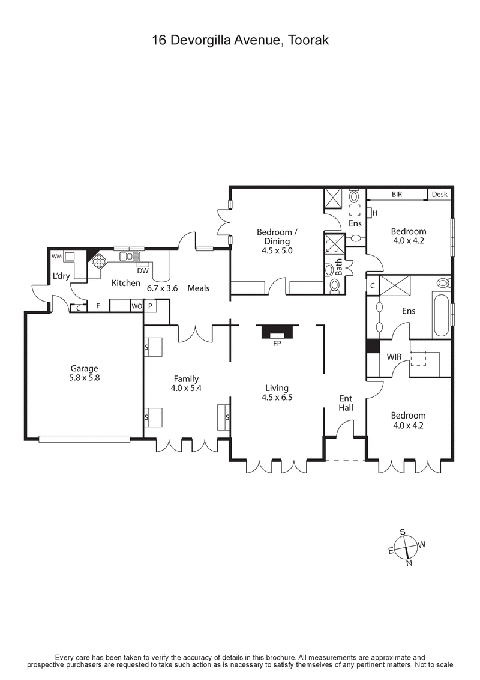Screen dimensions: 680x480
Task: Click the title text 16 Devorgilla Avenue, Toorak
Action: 240,40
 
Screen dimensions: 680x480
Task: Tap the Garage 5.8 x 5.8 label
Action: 84,374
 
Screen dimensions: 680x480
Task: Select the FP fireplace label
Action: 277,344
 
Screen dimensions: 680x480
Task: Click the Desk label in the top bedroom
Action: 439,195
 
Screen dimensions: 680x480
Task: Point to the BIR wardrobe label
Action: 397,195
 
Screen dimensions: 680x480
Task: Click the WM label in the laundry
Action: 57,257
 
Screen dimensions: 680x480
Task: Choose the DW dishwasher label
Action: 142,271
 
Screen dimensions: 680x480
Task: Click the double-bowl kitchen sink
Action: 128,257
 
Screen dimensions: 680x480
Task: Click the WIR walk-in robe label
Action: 394,357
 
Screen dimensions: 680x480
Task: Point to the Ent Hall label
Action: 346,402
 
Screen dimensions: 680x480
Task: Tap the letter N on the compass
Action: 409,563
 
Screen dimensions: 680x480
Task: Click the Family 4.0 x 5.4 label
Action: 186,383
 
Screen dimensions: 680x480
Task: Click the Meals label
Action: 199,288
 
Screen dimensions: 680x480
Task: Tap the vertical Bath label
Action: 338,267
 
